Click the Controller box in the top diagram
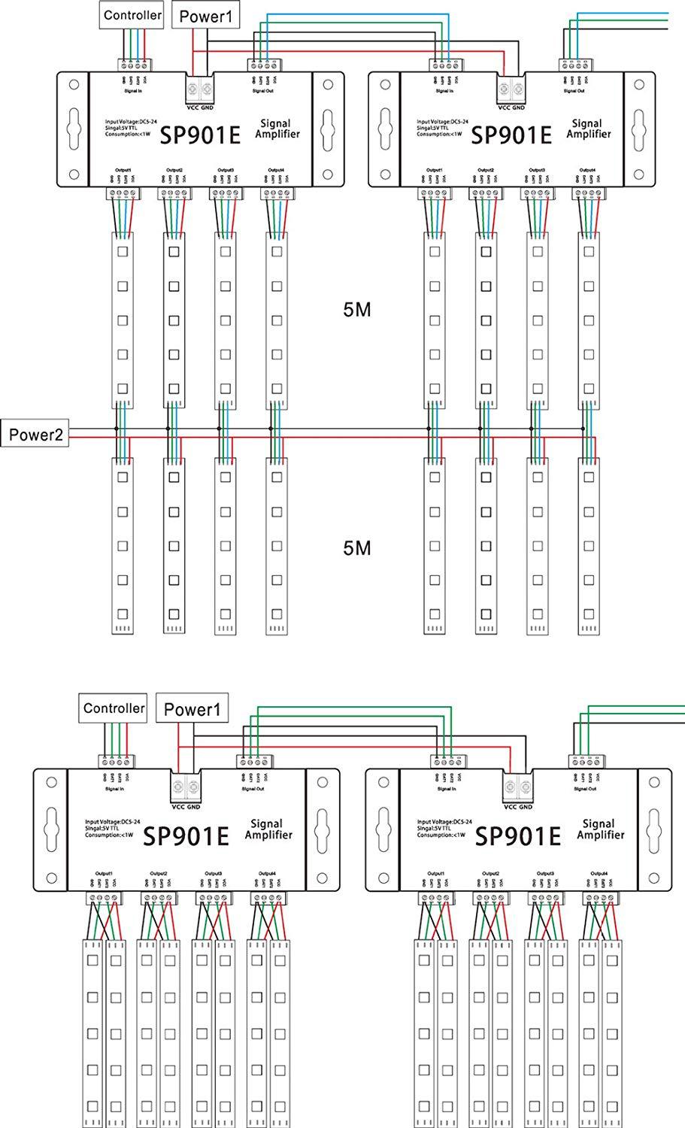pyautogui.click(x=132, y=15)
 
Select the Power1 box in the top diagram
pyautogui.click(x=202, y=16)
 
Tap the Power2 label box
pyautogui.click(x=35, y=434)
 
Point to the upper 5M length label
pyautogui.click(x=356, y=310)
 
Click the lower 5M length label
pyautogui.click(x=356, y=548)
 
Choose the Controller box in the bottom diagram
pyautogui.click(x=114, y=708)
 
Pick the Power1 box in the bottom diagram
pyautogui.click(x=192, y=709)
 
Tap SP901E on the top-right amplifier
pyautogui.click(x=511, y=135)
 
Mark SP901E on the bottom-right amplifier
pyautogui.click(x=519, y=836)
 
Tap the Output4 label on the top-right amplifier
pyautogui.click(x=587, y=171)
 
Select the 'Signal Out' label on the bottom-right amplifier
pyautogui.click(x=582, y=789)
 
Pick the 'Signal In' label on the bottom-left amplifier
pyautogui.click(x=112, y=789)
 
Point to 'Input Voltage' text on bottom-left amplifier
pyautogui.click(x=112, y=822)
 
